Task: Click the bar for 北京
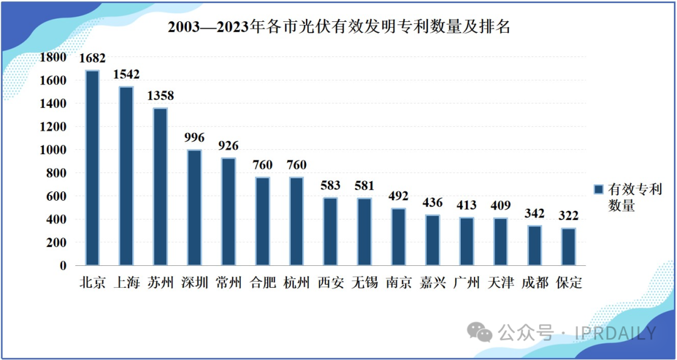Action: point(92,167)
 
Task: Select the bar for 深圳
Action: point(194,207)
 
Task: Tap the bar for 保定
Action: point(569,246)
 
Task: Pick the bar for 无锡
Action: point(364,231)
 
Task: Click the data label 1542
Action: point(127,74)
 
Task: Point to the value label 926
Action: point(228,146)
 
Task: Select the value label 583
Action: point(330,185)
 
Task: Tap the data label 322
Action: point(569,215)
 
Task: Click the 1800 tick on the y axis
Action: point(54,58)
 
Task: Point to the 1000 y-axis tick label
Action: point(54,150)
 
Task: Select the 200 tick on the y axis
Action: point(58,242)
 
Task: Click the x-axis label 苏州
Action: point(160,283)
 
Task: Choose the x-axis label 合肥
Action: point(262,283)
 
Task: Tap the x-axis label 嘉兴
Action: point(433,283)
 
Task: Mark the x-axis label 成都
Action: point(534,283)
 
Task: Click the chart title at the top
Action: point(338,28)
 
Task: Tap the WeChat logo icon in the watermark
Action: point(483,332)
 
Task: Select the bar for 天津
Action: point(500,241)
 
